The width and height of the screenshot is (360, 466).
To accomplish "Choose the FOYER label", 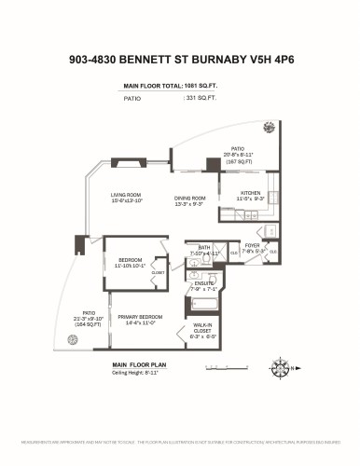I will [255, 248].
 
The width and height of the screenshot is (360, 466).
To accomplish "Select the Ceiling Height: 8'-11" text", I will [136, 373].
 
